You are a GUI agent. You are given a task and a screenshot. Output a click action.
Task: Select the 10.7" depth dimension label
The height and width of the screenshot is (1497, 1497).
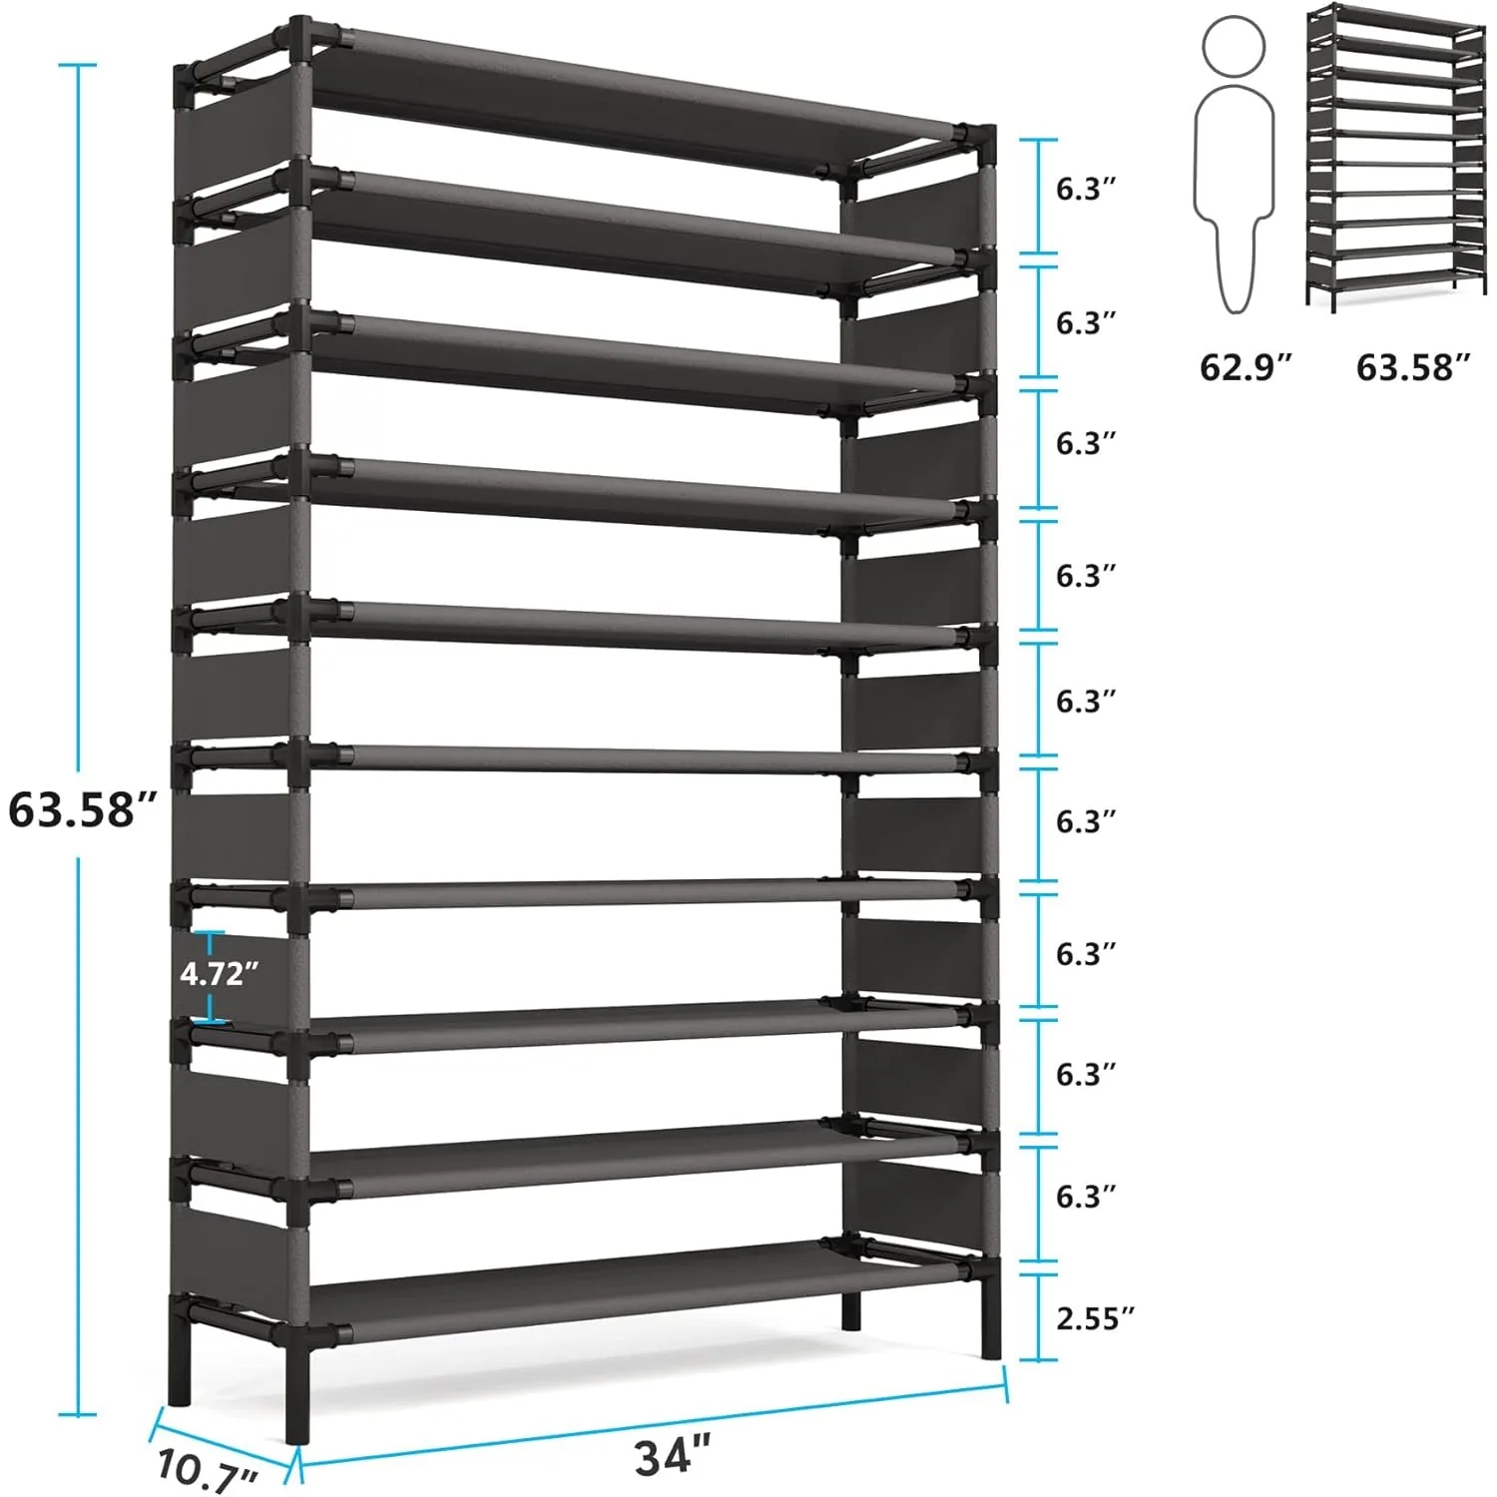(x=207, y=1470)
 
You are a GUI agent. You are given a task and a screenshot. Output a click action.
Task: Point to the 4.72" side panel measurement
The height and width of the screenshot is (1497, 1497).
(x=219, y=973)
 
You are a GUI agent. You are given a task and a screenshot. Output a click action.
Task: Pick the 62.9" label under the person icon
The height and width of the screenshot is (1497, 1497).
(x=1245, y=367)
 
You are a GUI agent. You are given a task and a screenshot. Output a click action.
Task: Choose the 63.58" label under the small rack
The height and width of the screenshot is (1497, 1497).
(x=1413, y=367)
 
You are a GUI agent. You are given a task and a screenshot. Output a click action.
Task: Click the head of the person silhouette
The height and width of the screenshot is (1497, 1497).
(x=1235, y=46)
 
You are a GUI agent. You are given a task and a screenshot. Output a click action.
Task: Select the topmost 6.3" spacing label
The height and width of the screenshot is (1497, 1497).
(x=1085, y=189)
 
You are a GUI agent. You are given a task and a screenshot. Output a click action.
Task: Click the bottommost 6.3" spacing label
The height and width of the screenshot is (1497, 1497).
(x=1085, y=1195)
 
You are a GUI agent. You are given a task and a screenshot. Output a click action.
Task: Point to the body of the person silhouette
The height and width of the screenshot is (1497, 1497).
(x=1236, y=190)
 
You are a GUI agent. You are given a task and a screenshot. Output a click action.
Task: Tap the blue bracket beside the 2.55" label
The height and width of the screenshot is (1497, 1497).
(x=1038, y=1316)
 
